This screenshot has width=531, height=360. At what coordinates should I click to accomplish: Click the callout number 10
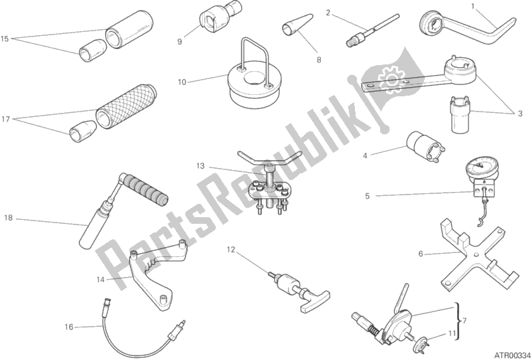pyautogui.click(x=182, y=82)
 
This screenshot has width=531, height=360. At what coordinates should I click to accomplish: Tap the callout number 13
pyautogui.click(x=200, y=166)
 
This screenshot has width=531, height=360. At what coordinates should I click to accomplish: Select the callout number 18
pyautogui.click(x=9, y=218)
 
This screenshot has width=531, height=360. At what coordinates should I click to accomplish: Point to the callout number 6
pyautogui.click(x=421, y=254)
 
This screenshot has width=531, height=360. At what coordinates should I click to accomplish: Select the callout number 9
pyautogui.click(x=179, y=42)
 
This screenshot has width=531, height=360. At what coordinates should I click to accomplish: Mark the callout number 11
pyautogui.click(x=452, y=333)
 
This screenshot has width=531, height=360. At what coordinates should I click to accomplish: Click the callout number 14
pyautogui.click(x=100, y=280)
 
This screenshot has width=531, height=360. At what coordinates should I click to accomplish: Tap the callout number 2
pyautogui.click(x=328, y=13)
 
